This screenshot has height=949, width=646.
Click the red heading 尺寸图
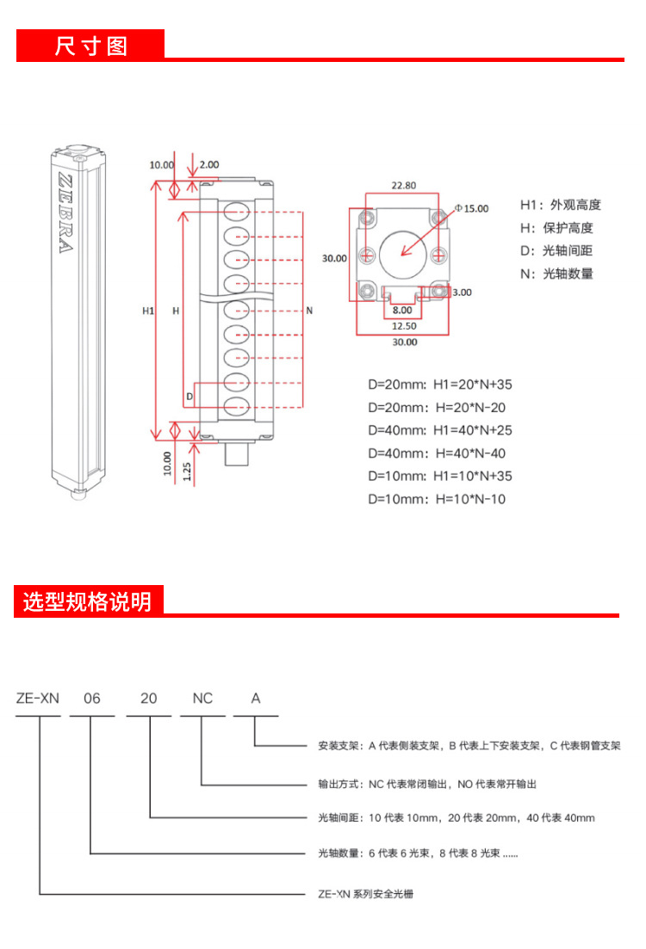[90, 45]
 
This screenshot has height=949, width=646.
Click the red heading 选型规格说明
[87, 601]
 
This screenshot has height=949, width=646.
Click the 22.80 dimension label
[403, 185]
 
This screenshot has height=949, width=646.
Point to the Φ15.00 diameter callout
[471, 208]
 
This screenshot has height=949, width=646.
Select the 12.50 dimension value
[403, 325]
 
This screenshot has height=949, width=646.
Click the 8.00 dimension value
[401, 310]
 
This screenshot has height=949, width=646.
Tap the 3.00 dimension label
[462, 293]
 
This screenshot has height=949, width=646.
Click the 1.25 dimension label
[187, 471]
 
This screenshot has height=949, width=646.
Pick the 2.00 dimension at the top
[209, 164]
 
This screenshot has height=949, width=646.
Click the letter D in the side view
[189, 397]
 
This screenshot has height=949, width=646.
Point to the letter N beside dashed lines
[308, 310]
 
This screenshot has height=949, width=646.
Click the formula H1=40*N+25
[440, 430]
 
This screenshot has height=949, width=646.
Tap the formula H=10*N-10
[437, 499]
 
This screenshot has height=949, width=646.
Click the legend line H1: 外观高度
[560, 205]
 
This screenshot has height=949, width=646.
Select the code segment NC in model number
[202, 699]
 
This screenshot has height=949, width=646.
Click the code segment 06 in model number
[91, 699]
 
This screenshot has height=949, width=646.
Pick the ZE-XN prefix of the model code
[37, 699]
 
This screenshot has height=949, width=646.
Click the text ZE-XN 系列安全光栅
[366, 894]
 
